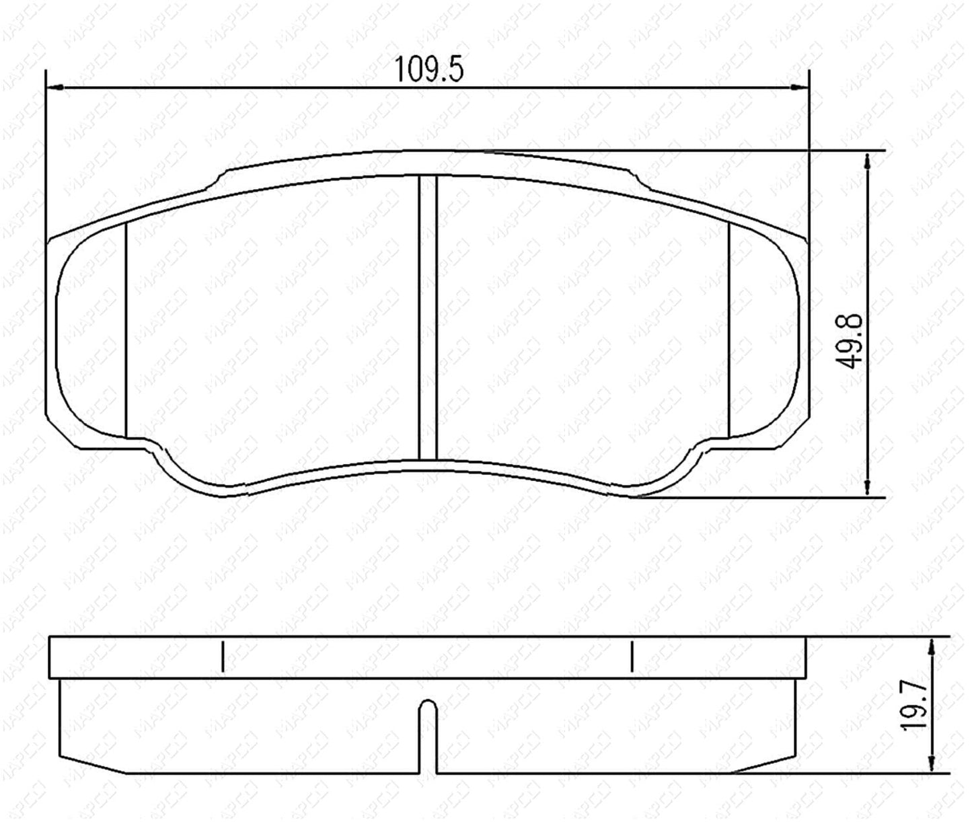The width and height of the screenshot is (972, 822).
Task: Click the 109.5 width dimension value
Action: coord(429,69)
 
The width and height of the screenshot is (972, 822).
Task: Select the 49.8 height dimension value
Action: coord(850,341)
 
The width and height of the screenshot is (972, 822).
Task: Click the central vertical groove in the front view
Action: coord(427,317)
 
